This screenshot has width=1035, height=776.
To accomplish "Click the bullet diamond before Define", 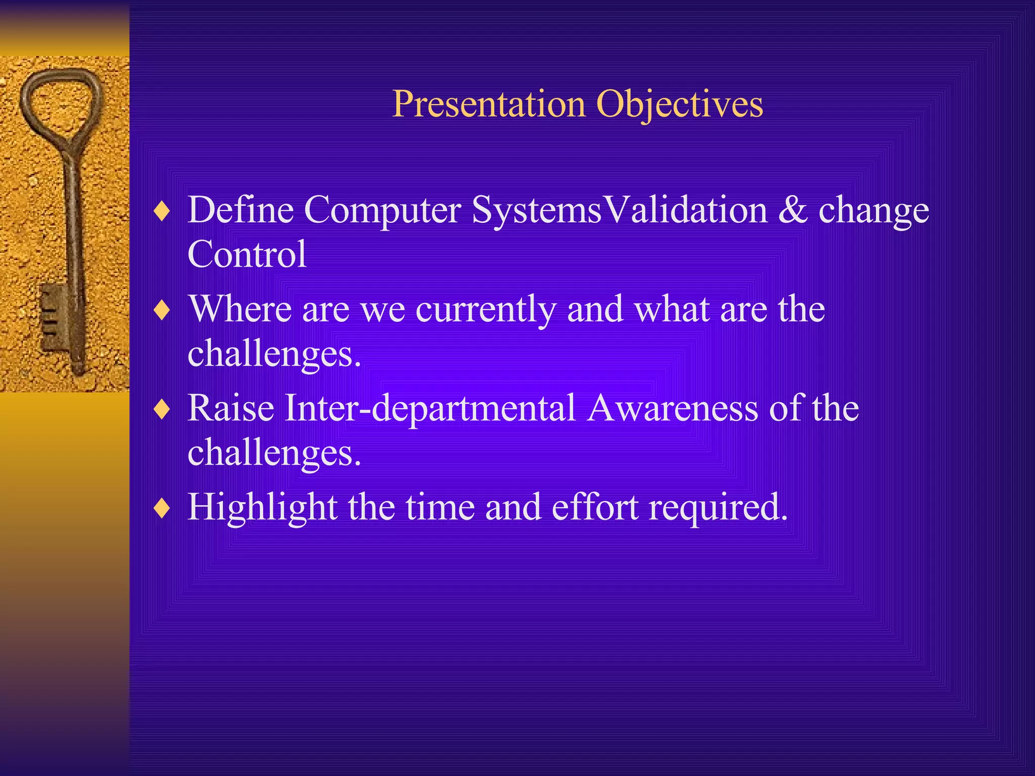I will pos(162,211).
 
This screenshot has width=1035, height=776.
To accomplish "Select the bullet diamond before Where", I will pos(162,310).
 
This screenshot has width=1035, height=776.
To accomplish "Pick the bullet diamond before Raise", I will pos(162,409).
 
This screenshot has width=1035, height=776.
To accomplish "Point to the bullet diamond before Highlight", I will pos(162,508).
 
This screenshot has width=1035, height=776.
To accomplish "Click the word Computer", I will pos(382,210).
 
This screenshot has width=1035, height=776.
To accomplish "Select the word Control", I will pos(247,254).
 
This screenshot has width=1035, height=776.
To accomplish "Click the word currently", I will pos(485,309).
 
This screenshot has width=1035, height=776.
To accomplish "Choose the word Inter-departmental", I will pos(430,408).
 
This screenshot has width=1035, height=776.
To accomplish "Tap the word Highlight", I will pos(262,507).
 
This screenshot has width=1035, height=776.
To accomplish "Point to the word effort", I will pos(595,507).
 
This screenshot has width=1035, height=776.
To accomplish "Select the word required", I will pos(718,507).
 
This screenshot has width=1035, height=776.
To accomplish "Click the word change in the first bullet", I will pos(873,210).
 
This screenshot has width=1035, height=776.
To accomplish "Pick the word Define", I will pos(241,210).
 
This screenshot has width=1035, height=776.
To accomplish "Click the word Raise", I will pos(231,408).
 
